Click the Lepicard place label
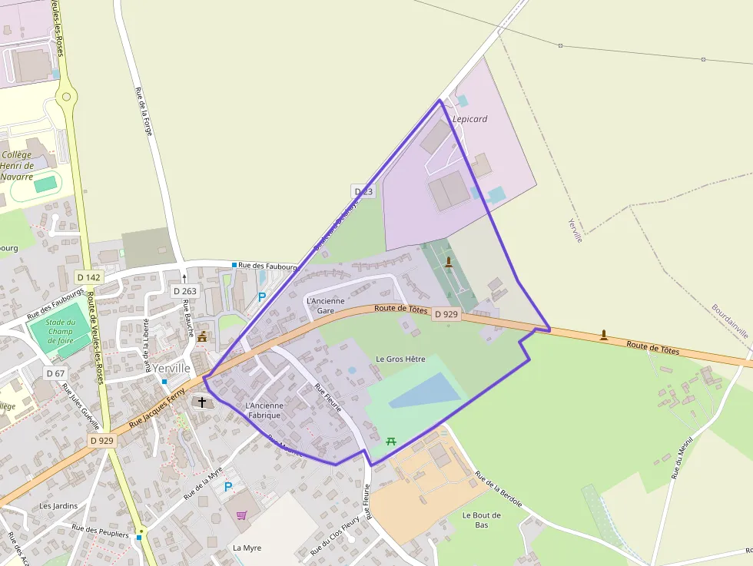point(469,119)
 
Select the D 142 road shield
point(89,276)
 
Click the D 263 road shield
point(184,291)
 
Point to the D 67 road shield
point(55,373)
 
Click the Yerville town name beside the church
point(171,368)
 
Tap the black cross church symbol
point(202,402)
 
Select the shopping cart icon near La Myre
point(241,515)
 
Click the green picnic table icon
point(390,440)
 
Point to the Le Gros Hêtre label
point(400,359)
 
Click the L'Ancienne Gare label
point(325,306)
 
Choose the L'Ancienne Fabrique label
point(264,410)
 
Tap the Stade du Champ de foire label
point(61,332)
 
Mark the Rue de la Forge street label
point(144,111)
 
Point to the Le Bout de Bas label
point(482,520)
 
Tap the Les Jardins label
point(58,506)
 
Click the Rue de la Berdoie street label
point(498,489)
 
